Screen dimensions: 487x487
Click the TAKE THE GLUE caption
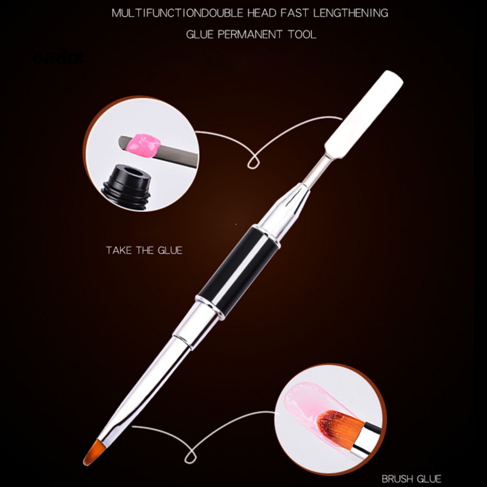pyautogui.click(x=144, y=250)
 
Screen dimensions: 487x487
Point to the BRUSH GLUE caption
pyautogui.click(x=411, y=478)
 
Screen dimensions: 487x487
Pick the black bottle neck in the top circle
pyautogui.click(x=126, y=186)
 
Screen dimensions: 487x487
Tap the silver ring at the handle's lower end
pyautogui.click(x=210, y=304)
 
